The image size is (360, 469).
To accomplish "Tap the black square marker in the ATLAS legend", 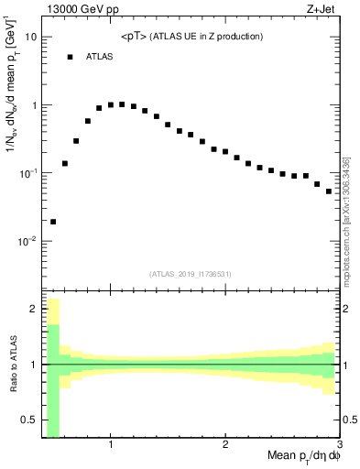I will [70, 57].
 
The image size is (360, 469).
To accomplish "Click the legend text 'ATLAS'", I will [99, 57].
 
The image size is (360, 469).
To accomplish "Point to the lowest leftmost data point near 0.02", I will [53, 221].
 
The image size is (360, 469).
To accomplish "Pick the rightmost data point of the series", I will [329, 191].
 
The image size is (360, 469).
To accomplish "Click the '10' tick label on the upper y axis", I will [31, 38].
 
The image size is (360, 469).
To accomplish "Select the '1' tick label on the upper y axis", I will [34, 105].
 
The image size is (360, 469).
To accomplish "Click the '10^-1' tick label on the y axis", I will [27, 172].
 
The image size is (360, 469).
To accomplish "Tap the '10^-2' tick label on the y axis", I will [27, 240].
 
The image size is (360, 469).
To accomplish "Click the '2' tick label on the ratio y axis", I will [34, 309].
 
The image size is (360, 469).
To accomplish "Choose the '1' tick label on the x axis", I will [111, 444].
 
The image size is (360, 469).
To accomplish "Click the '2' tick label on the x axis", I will [225, 444].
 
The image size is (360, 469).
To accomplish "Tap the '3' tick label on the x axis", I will [338, 444].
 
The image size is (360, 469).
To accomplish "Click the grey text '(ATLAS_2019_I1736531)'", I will [191, 273].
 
